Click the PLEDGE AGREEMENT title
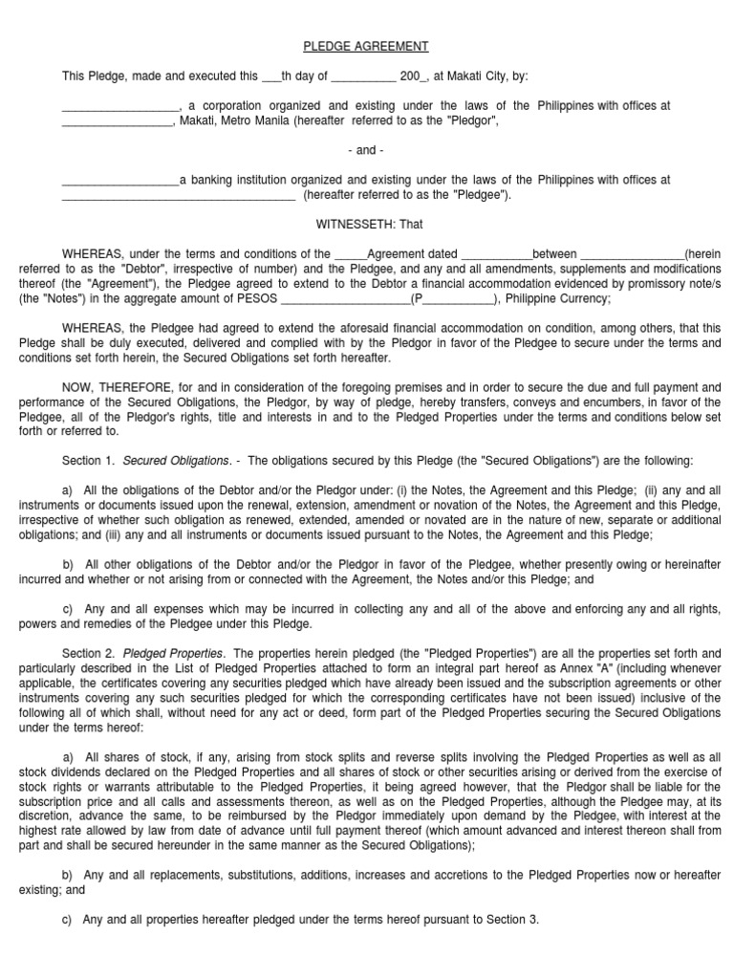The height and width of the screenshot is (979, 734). [x=366, y=46]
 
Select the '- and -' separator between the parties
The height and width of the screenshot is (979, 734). [x=366, y=150]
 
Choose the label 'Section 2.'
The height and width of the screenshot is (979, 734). [x=87, y=653]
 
